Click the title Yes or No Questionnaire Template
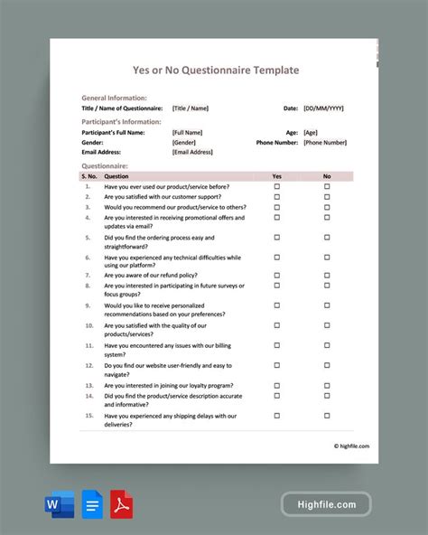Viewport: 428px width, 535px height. coord(216,70)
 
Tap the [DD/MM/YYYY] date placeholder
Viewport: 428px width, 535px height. coord(323,108)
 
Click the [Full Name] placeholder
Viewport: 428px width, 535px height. coord(188,133)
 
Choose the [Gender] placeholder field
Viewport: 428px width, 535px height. coord(184,143)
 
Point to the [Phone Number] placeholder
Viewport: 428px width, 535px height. coord(325,143)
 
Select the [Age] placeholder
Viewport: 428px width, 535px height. coord(311,133)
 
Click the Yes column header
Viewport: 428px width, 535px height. coord(277,176)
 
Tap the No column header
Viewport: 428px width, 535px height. coord(327,176)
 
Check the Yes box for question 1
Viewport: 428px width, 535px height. coord(277,186)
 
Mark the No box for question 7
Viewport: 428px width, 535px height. coord(327,275)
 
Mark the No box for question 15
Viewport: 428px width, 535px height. coord(327,416)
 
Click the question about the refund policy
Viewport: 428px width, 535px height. coord(151,275)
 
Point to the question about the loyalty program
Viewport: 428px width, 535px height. coord(166,383)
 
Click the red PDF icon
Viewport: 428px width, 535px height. coord(122,502)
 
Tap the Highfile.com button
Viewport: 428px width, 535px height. coord(325,504)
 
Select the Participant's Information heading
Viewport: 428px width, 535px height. coord(122,122)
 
